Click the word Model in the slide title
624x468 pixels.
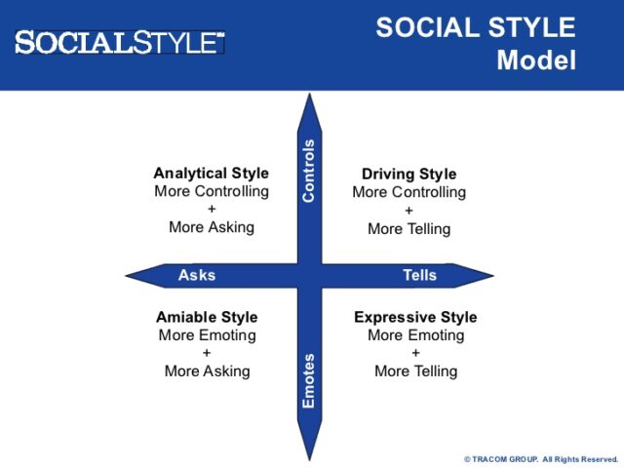pos(536,60)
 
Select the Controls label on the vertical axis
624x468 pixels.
pos(309,171)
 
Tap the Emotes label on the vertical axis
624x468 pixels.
pos(309,380)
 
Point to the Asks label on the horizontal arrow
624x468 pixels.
pos(197,275)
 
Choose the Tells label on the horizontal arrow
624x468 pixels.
pos(419,275)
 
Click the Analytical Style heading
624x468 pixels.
pos(211,174)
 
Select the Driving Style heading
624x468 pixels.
pos(409,175)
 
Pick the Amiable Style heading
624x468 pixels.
pos(207,318)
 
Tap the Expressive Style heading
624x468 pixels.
pos(415,318)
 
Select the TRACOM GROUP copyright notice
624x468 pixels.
pos(540,458)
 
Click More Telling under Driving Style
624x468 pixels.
pos(409,229)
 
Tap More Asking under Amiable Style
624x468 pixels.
pos(207,371)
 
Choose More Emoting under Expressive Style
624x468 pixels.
pos(415,335)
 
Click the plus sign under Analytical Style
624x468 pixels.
pos(212,209)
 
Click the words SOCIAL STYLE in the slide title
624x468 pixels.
pos(476,27)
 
